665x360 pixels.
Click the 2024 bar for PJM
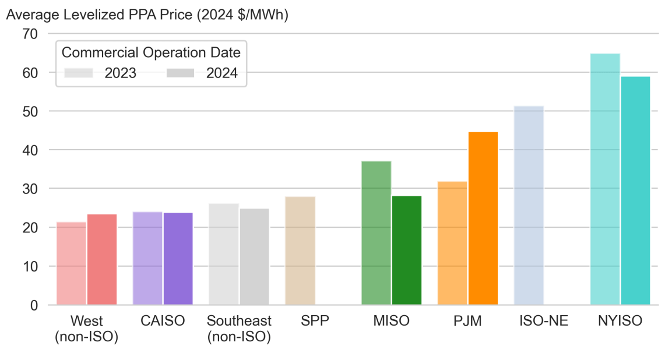tap(483, 218)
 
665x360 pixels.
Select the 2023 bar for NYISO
tap(605, 179)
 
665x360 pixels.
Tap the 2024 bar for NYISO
tap(635, 190)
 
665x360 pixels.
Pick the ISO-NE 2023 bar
tap(529, 205)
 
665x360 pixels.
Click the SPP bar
tap(300, 250)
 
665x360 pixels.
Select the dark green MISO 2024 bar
tap(407, 250)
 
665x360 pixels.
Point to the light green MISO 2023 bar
tap(376, 233)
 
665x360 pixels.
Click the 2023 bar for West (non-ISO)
tap(71, 263)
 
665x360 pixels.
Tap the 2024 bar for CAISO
tap(178, 259)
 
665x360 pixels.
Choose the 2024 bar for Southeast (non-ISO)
tap(254, 256)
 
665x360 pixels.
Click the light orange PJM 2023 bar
tap(452, 243)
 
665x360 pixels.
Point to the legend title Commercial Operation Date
tap(151, 52)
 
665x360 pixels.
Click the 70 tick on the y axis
tap(30, 34)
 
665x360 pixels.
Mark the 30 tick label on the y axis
tap(30, 189)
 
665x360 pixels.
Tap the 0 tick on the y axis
tap(34, 305)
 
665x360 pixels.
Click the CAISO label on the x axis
tap(163, 321)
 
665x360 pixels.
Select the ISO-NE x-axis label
tap(544, 321)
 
